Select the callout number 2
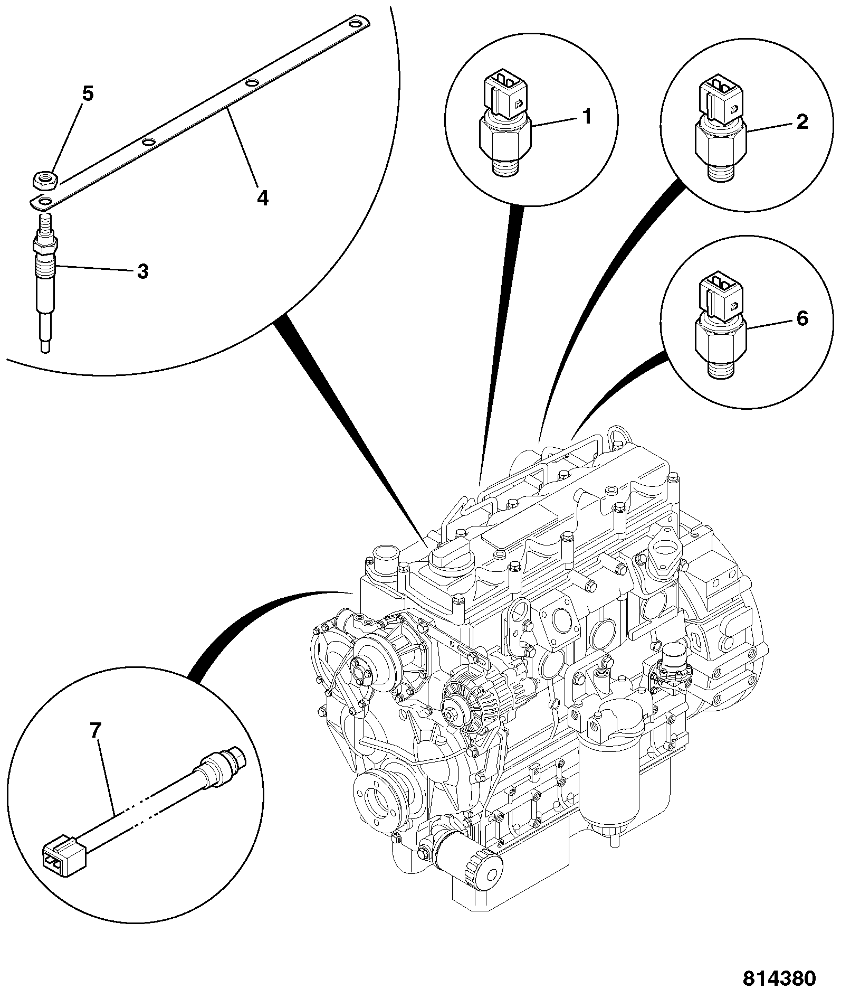point(801,123)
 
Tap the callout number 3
point(142,271)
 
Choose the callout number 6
point(801,318)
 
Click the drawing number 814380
point(779,978)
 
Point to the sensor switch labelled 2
point(720,131)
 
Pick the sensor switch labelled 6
point(720,327)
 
